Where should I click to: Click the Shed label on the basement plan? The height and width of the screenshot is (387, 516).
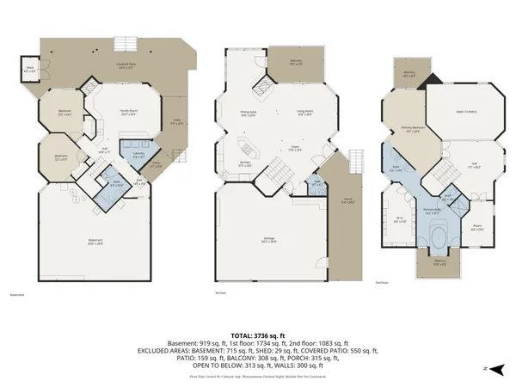pyautogui.click(x=30, y=71)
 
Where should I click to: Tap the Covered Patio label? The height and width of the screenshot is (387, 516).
pyautogui.click(x=128, y=64)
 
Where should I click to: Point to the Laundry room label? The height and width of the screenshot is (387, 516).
pyautogui.click(x=138, y=155)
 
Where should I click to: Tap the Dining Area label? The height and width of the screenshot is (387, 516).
pyautogui.click(x=249, y=112)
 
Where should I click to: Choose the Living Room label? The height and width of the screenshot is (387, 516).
pyautogui.click(x=304, y=112)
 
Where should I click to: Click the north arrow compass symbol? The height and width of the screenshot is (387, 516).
pyautogui.click(x=485, y=367)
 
